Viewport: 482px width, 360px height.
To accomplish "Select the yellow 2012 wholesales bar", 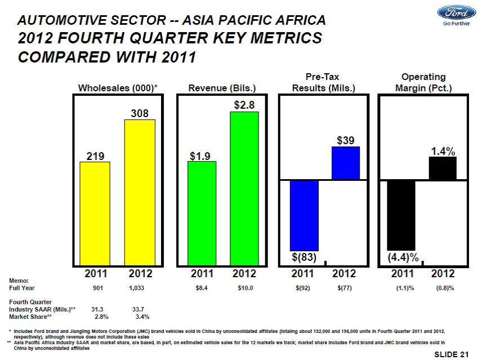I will pos(140,192).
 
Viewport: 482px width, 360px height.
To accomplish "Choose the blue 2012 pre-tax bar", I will pos(345,163).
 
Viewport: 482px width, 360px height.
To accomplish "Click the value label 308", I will pos(140,113).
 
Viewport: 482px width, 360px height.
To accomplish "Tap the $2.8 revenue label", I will pos(244,105).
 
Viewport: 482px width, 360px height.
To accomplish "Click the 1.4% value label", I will pos(443,151).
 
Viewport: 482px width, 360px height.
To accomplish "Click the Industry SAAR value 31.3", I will pos(97,309).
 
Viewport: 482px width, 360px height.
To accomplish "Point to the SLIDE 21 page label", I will pos(452,354).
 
